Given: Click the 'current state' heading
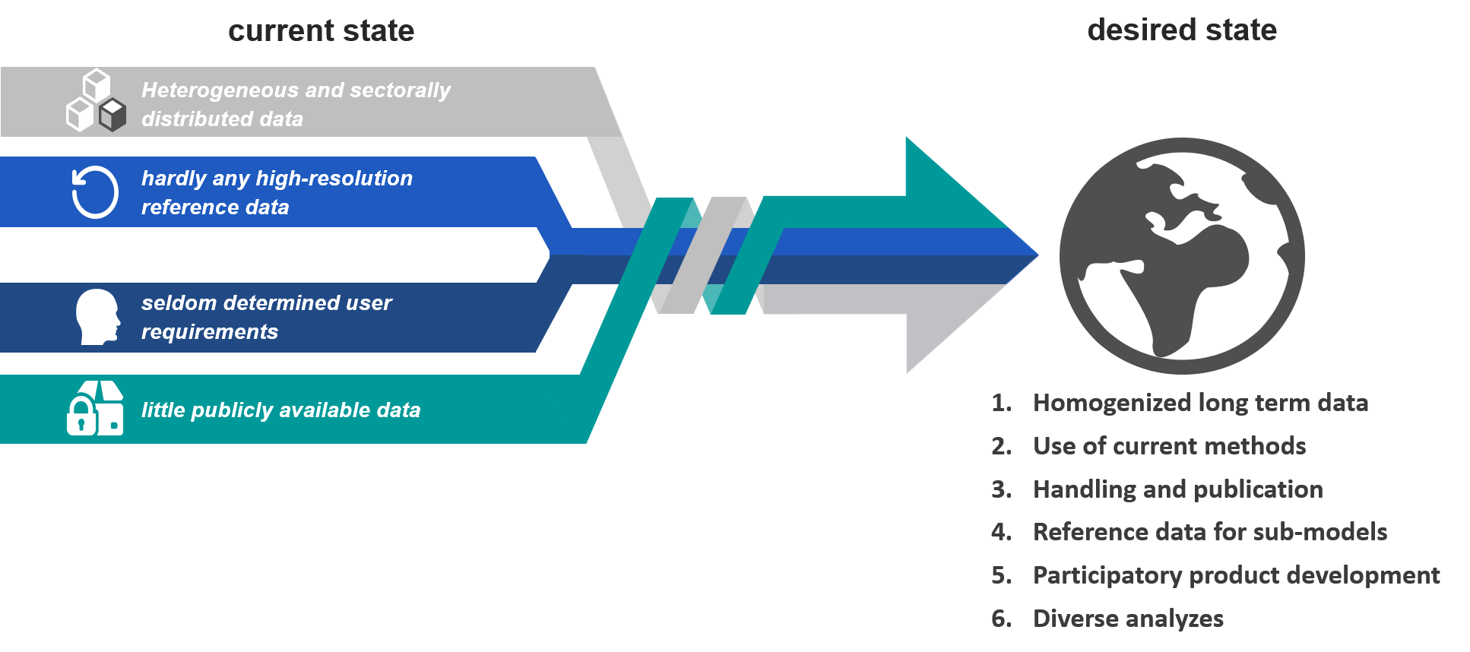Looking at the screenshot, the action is [x=321, y=30].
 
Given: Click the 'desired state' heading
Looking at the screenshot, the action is [x=1182, y=30].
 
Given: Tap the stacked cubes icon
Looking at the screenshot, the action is [x=96, y=100].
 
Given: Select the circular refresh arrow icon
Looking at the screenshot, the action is [x=95, y=192].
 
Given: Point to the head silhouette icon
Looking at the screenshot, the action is [x=98, y=317].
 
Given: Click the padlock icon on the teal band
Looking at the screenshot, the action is [x=81, y=416].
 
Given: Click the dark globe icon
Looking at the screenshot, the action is [x=1182, y=256].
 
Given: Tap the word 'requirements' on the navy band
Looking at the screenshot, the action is [x=210, y=331].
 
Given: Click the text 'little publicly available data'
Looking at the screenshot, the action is [x=280, y=410].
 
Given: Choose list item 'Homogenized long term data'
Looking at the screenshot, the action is [x=1200, y=403].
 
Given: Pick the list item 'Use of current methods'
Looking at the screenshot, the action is [x=1169, y=446].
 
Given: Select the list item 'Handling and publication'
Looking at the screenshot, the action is [x=1178, y=489].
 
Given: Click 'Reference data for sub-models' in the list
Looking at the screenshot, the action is [x=1210, y=532].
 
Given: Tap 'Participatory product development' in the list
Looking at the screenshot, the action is [x=1236, y=575].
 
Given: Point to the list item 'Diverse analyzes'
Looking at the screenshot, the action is [x=1128, y=619].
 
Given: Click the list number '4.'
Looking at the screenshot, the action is [x=1001, y=532].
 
